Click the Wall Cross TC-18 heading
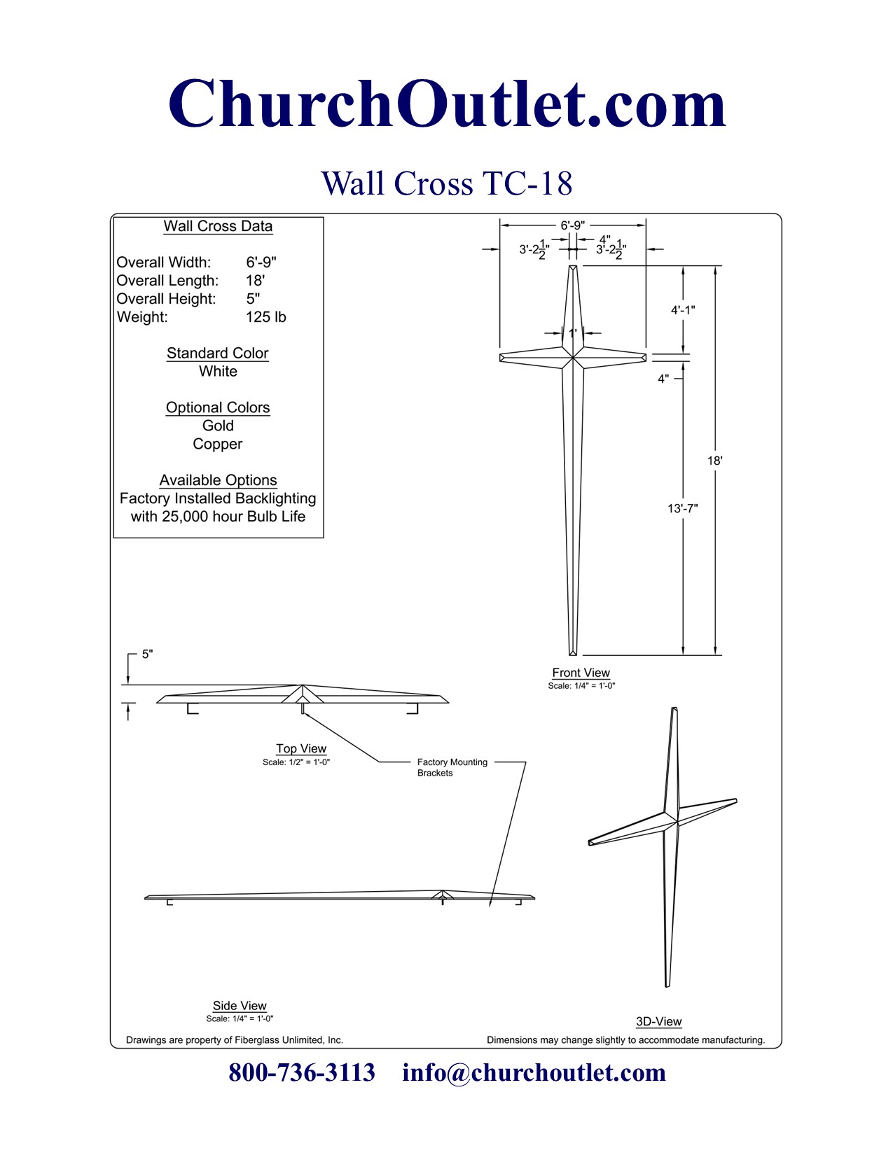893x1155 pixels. (447, 183)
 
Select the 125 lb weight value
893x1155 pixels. (265, 317)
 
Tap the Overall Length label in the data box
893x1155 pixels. (167, 281)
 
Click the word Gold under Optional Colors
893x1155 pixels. (218, 426)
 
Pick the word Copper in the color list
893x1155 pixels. (218, 444)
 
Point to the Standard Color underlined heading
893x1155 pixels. (218, 353)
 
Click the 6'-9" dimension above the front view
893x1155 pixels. (572, 225)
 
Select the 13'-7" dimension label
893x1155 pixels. (682, 508)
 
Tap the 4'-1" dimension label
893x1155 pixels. (683, 310)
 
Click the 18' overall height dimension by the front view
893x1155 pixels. (714, 461)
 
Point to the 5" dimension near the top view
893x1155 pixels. (147, 654)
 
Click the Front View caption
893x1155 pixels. (581, 673)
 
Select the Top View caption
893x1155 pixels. (301, 748)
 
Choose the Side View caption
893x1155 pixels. (240, 1006)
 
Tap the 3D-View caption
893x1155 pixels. (658, 1022)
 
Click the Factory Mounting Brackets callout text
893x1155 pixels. (452, 767)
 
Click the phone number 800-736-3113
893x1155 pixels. (302, 1072)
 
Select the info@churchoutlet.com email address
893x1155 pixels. (534, 1072)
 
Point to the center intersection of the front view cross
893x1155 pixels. (573, 358)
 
